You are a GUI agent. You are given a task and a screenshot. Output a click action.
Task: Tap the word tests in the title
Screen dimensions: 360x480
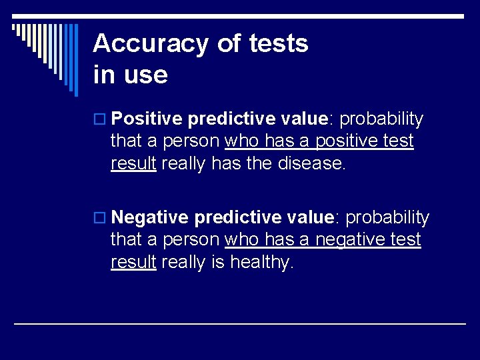pyautogui.click(x=278, y=44)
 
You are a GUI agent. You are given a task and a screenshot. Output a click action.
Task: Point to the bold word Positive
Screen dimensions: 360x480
pyautogui.click(x=147, y=119)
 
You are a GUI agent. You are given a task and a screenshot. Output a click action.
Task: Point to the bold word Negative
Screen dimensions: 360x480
pyautogui.click(x=151, y=218)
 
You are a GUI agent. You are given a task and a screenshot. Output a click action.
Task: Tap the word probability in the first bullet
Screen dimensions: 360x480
pyautogui.click(x=382, y=119)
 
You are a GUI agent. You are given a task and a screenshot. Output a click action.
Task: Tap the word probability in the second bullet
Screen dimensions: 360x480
pyautogui.click(x=388, y=218)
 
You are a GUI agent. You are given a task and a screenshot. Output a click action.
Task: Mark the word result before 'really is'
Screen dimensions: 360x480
pyautogui.click(x=133, y=263)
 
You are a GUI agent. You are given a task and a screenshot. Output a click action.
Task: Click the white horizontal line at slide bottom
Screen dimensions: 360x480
pyautogui.click(x=240, y=323)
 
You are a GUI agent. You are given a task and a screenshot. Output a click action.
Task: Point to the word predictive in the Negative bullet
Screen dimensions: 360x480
pyautogui.click(x=237, y=218)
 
